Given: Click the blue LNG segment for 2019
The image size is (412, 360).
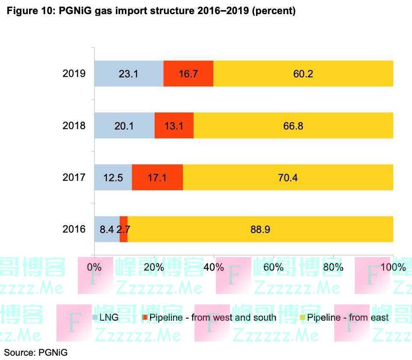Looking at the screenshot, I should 129,74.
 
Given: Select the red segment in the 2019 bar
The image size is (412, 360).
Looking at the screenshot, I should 188,74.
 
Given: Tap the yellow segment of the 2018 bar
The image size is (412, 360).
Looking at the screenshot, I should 293,126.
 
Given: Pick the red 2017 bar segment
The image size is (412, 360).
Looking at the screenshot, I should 157,177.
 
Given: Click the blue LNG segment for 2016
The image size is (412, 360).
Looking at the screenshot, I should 107,230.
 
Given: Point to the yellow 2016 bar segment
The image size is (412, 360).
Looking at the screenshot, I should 260,230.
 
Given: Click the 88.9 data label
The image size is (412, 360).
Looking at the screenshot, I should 260,230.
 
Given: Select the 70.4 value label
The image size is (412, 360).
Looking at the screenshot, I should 288,177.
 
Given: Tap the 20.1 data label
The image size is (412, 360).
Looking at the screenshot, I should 124,126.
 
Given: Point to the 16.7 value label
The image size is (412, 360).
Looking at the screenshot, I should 188,74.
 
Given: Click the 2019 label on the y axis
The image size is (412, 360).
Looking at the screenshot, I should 74,74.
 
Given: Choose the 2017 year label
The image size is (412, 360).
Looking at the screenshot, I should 74,177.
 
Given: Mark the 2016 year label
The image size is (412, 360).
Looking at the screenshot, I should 74,230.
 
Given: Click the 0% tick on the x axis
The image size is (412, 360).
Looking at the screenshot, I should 94,268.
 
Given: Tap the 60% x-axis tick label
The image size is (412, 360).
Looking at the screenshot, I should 274,268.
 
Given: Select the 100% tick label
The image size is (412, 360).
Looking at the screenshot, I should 393,268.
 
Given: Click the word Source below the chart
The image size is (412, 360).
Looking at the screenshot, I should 19,353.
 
